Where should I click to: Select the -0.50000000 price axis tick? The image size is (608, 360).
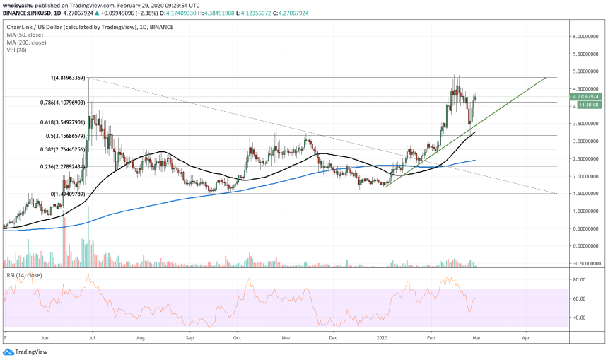click(587, 262)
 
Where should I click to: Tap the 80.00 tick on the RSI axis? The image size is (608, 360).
click(580, 280)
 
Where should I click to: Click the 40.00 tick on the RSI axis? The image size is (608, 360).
click(580, 318)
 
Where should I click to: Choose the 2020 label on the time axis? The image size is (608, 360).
click(383, 339)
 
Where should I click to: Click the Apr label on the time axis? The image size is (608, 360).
click(525, 339)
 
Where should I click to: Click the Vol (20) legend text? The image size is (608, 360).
click(16, 50)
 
